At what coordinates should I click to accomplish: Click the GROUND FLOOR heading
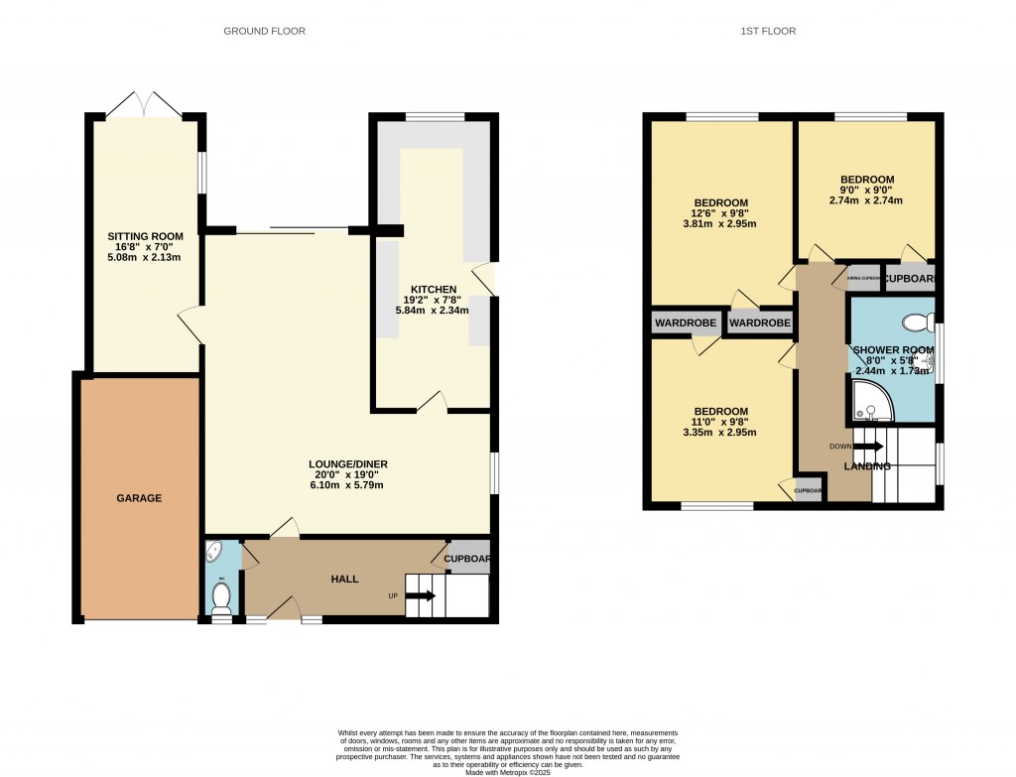(264, 31)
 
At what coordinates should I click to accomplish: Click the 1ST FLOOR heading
(768, 31)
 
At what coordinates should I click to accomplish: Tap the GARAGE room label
(139, 498)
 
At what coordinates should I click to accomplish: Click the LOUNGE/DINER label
(347, 463)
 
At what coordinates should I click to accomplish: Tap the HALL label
(344, 579)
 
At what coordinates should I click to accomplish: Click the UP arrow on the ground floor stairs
(420, 596)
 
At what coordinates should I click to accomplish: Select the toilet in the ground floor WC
(221, 597)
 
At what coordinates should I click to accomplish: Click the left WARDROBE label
(687, 324)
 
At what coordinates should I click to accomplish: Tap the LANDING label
(864, 466)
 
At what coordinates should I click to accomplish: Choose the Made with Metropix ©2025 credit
(508, 772)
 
